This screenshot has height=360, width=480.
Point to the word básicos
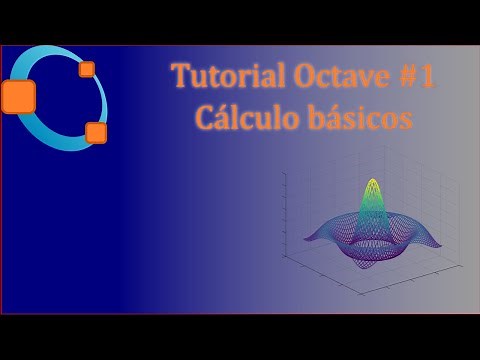[360, 118]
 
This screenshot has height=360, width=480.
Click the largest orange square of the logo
[18, 96]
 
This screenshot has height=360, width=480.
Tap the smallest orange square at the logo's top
[87, 69]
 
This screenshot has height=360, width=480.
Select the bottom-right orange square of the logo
[96, 131]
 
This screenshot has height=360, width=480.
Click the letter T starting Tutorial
[179, 78]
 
